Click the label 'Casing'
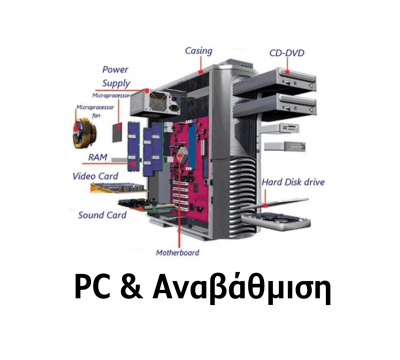pos(198,50)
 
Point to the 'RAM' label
pos(97,157)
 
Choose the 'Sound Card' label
pos(101,214)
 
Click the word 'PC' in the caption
pos(93,288)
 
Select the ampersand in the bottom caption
pos(132,288)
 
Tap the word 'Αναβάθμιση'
pos(239,288)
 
